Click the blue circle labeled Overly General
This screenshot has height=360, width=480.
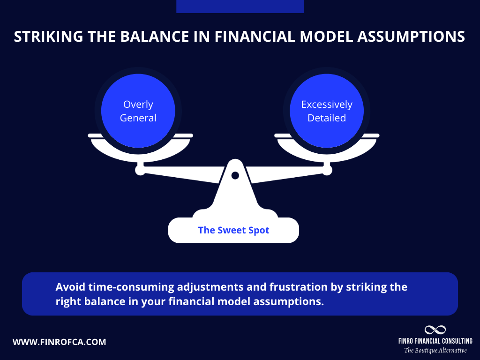tap(138, 111)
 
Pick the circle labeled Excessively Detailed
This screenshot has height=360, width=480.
tap(327, 111)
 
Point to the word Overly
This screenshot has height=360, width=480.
tap(138, 105)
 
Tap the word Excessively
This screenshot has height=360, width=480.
tap(327, 105)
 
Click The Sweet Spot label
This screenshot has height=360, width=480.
tap(233, 230)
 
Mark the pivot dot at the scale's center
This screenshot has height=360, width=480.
tap(235, 175)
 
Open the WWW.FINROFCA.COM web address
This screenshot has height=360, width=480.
tap(60, 342)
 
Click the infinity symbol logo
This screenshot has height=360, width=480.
tap(435, 330)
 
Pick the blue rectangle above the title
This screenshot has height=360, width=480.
tap(240, 6)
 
